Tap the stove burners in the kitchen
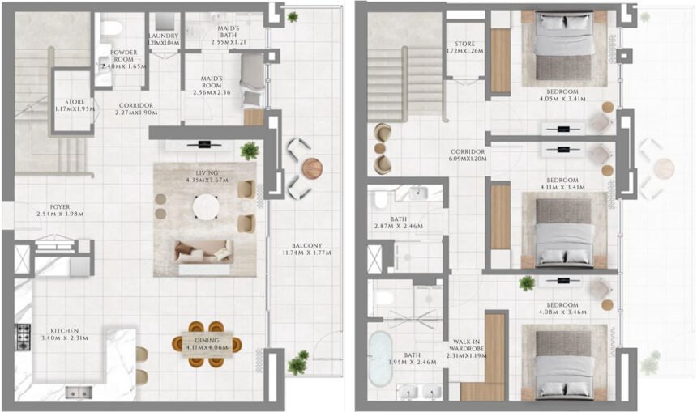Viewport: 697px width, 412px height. [23, 336]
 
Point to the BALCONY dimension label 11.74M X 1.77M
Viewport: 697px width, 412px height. [308, 249]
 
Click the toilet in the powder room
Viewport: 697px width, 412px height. [111, 30]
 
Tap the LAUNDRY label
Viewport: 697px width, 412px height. [163, 40]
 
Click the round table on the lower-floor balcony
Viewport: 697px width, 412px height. [311, 168]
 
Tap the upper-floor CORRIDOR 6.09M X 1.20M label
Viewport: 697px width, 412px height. [468, 156]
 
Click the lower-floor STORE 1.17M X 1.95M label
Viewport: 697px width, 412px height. [71, 104]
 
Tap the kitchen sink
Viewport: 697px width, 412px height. [79, 393]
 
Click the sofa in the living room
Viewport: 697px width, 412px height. [204, 252]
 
